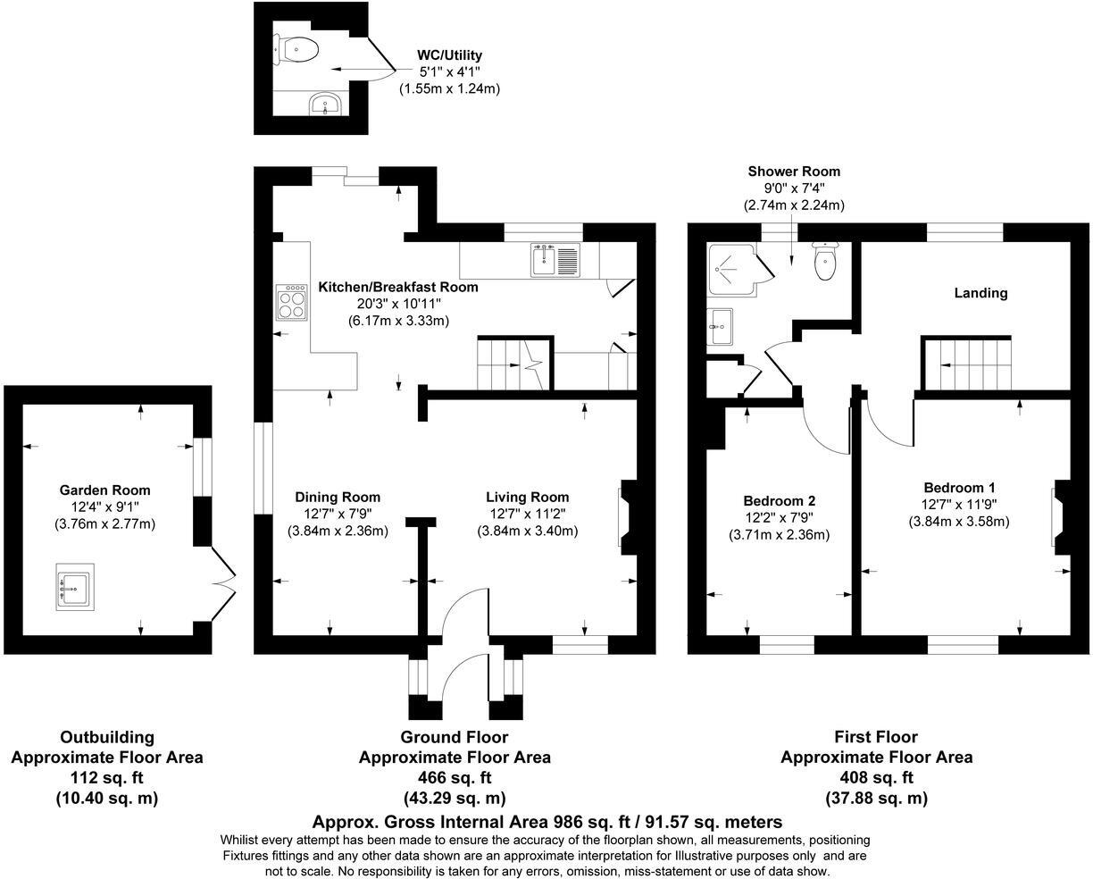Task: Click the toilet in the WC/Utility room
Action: pyautogui.click(x=298, y=49)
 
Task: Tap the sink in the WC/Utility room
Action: pyautogui.click(x=326, y=105)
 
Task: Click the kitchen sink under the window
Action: pyautogui.click(x=555, y=259)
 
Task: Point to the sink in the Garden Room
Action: pyautogui.click(x=74, y=586)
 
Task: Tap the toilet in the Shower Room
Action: pyautogui.click(x=825, y=260)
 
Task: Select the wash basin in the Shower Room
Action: pyautogui.click(x=719, y=327)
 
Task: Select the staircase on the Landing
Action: pyautogui.click(x=968, y=364)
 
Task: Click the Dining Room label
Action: pyautogui.click(x=338, y=497)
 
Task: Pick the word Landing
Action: pyautogui.click(x=980, y=293)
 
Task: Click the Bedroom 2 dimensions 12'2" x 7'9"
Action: pyautogui.click(x=779, y=517)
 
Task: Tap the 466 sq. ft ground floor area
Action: pyautogui.click(x=455, y=777)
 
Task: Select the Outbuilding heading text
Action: pyautogui.click(x=106, y=737)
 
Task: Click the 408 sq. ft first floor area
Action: pyautogui.click(x=876, y=777)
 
